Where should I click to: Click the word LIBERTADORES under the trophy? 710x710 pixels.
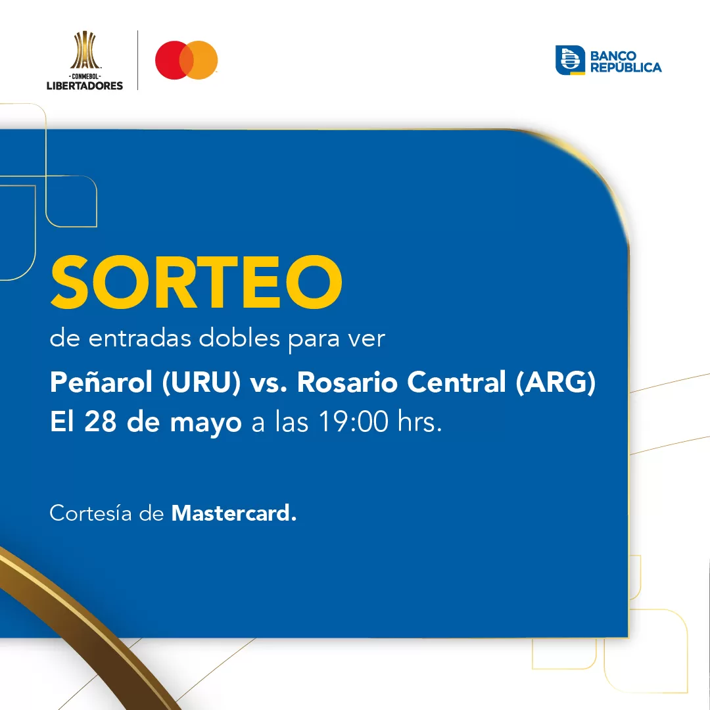(84, 85)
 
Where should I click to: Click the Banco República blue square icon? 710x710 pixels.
(570, 60)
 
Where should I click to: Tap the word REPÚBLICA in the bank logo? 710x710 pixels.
(626, 67)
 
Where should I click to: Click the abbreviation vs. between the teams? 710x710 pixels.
(268, 383)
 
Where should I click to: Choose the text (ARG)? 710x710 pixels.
(556, 383)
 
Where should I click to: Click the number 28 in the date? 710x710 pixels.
(102, 422)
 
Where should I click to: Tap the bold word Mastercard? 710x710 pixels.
(233, 513)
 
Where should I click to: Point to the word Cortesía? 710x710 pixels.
(91, 513)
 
